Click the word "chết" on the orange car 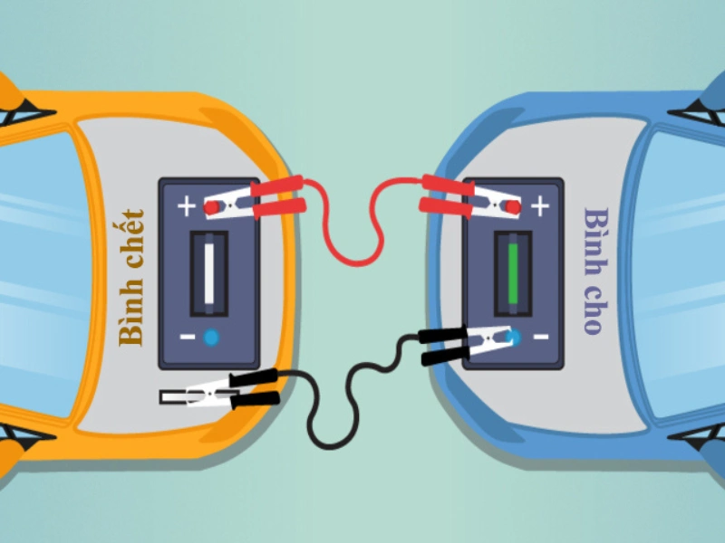[131, 239]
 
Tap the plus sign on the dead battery [187, 206]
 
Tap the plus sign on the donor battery [540, 206]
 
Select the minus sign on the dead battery [188, 337]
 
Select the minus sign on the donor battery [541, 337]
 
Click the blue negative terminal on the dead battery [211, 338]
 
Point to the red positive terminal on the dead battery [211, 208]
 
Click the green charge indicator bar [513, 274]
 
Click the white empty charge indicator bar [209, 274]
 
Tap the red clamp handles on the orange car [278, 197]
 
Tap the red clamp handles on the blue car [447, 196]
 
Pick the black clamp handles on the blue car [444, 346]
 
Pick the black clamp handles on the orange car [255, 388]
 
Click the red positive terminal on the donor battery [513, 207]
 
